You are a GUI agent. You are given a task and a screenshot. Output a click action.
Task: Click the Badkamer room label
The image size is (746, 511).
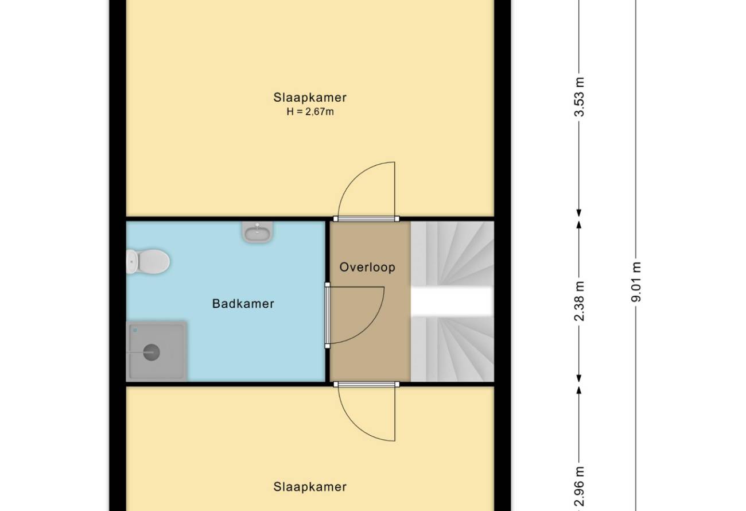pos(243,304)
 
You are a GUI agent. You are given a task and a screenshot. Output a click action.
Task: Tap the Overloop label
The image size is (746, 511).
pos(367,267)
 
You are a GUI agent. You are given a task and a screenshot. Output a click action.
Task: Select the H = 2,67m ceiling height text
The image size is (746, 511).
pos(310,111)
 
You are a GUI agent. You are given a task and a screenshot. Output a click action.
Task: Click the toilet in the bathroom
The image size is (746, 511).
pos(148,261)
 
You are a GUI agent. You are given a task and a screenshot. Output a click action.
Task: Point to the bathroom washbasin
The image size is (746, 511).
pos(257,232)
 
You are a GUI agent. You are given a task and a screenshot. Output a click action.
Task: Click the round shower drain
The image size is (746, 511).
pos(151,352)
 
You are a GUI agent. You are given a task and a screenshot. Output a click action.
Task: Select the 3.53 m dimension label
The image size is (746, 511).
pos(580,97)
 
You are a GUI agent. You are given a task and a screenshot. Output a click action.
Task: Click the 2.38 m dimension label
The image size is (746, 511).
pos(580,301)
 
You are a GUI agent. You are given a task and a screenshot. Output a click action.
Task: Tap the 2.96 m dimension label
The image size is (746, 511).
pos(580,486)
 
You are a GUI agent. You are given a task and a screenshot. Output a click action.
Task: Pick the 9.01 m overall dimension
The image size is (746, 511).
pos(636,282)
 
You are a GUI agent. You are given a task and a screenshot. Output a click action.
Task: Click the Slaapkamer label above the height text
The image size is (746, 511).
pos(310,97)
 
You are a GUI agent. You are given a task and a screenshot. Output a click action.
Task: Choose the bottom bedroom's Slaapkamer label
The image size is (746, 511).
pos(310,487)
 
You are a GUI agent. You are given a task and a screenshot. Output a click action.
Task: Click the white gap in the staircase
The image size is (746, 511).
pos(452,301)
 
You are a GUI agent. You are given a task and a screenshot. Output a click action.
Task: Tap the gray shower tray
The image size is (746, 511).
pos(157,351)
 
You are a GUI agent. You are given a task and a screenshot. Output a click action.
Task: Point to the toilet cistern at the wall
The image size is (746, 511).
pos(131,261)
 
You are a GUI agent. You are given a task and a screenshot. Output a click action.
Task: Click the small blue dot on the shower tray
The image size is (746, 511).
pos(135,330)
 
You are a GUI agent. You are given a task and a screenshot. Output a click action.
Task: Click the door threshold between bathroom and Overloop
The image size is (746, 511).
pos(327,315)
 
